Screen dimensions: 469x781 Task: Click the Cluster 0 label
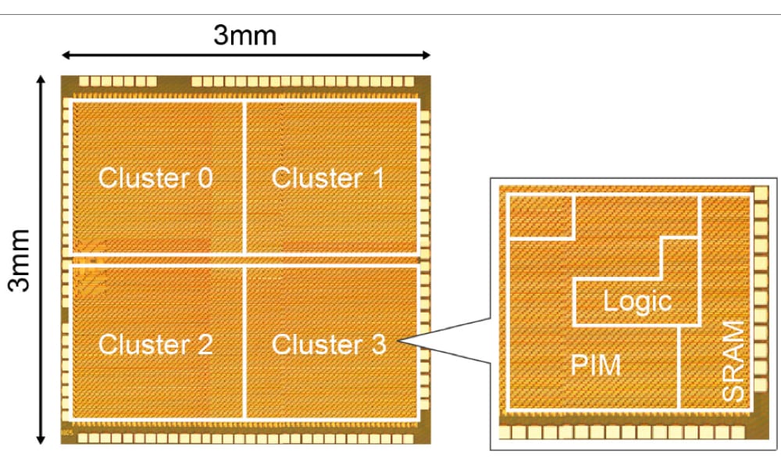(155, 178)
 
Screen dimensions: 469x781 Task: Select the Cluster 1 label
(328, 178)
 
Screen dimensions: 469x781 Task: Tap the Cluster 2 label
(155, 345)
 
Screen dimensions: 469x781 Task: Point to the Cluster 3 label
(329, 345)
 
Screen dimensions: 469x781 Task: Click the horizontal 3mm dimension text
(245, 36)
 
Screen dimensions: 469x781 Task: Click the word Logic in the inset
(637, 301)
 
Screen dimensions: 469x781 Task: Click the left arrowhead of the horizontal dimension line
(65, 55)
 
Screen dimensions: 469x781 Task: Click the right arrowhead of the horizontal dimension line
(427, 55)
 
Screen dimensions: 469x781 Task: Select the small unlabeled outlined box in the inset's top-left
(541, 216)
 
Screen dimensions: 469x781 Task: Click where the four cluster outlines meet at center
(245, 260)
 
